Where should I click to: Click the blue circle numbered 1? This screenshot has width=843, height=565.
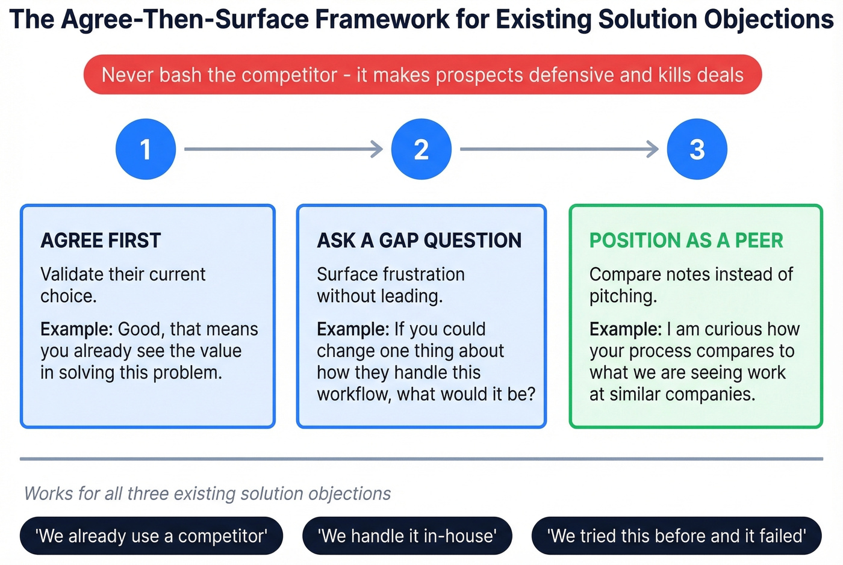click(146, 149)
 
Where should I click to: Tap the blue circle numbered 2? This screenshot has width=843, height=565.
click(421, 149)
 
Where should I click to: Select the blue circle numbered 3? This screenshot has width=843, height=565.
click(697, 149)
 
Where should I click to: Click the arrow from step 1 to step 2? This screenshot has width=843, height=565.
click(283, 149)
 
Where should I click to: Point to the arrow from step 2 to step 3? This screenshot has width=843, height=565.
click(559, 149)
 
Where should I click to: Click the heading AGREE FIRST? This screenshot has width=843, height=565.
click(101, 241)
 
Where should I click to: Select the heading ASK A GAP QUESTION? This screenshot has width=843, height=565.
click(419, 241)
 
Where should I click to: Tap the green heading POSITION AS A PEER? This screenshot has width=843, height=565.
click(686, 241)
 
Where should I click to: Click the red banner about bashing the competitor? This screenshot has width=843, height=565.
click(422, 75)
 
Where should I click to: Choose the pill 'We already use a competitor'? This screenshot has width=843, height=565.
click(151, 536)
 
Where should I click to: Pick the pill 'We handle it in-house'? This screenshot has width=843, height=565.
click(407, 536)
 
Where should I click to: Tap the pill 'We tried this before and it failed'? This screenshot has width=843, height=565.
click(676, 536)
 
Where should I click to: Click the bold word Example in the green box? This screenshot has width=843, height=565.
click(625, 329)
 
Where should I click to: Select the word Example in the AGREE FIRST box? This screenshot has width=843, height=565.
click(76, 329)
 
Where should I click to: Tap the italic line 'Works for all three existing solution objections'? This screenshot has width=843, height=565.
click(207, 493)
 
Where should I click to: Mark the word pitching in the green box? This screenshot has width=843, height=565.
click(623, 296)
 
